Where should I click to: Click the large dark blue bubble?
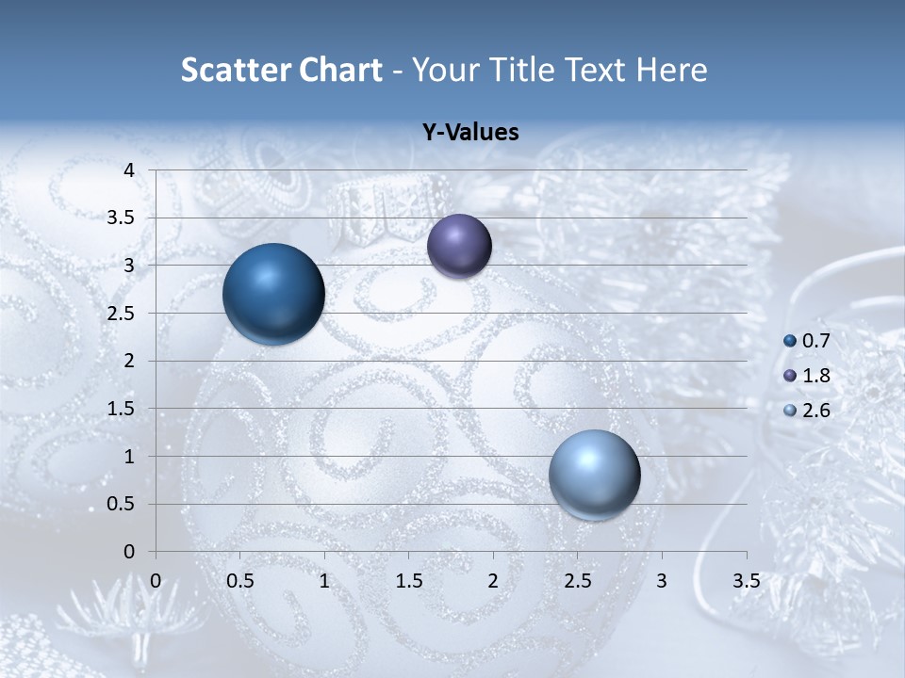[x=273, y=294]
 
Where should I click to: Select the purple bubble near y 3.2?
[x=459, y=246]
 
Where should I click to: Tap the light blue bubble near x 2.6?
[x=594, y=475]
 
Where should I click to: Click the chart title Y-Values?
[x=469, y=133]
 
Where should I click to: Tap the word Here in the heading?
[x=671, y=70]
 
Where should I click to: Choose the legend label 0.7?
[x=815, y=341]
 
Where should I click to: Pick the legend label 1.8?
[x=815, y=376]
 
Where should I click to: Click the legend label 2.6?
[x=815, y=410]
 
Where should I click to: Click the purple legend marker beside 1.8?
[x=790, y=376]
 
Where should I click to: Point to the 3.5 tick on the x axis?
[x=746, y=581]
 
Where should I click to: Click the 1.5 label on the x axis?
[x=408, y=581]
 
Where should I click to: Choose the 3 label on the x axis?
[x=662, y=581]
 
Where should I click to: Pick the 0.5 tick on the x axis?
[x=239, y=581]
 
